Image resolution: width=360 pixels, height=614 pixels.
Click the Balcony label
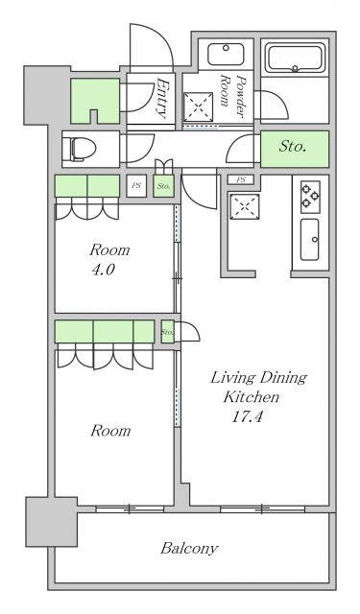(x=189, y=548)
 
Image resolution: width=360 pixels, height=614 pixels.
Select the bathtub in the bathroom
(x=295, y=58)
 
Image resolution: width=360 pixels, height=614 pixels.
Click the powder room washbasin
(x=226, y=55)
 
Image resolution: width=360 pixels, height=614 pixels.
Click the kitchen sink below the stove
(x=309, y=239)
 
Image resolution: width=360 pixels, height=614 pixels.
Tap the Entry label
(x=162, y=98)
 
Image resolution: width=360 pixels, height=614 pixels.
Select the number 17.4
(x=247, y=416)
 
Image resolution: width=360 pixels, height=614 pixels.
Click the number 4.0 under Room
(x=104, y=270)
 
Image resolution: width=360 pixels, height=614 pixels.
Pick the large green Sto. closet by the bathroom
(x=295, y=149)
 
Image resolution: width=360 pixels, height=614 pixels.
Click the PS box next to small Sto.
(x=136, y=186)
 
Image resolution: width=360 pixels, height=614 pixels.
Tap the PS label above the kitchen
(x=241, y=179)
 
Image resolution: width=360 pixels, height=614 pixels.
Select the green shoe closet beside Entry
(x=95, y=101)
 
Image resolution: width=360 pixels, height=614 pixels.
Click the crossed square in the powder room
(x=198, y=106)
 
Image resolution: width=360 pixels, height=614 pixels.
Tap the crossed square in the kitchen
(x=245, y=206)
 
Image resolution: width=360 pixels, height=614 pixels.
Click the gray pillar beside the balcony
(x=51, y=522)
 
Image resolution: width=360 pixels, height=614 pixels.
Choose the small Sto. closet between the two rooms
(x=167, y=332)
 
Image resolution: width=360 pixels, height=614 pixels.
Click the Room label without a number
(x=110, y=431)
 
